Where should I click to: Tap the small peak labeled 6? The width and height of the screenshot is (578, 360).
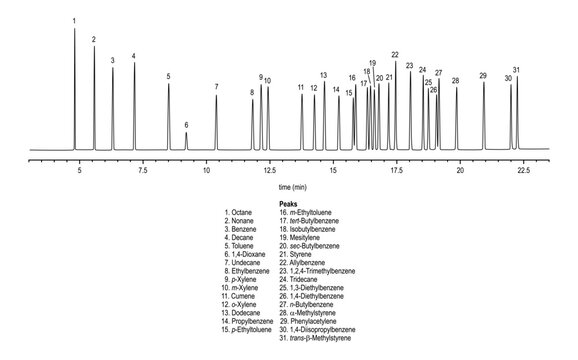186,140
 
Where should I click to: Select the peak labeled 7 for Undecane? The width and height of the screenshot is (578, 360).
216,120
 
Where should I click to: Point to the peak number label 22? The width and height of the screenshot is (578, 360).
395,54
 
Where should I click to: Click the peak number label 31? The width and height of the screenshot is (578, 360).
516,70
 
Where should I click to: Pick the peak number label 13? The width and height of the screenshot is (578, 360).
323,75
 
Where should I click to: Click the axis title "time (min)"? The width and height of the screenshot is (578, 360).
292,187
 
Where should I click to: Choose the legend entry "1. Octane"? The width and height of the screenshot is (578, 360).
240,213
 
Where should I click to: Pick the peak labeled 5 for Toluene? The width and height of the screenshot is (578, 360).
168,115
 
